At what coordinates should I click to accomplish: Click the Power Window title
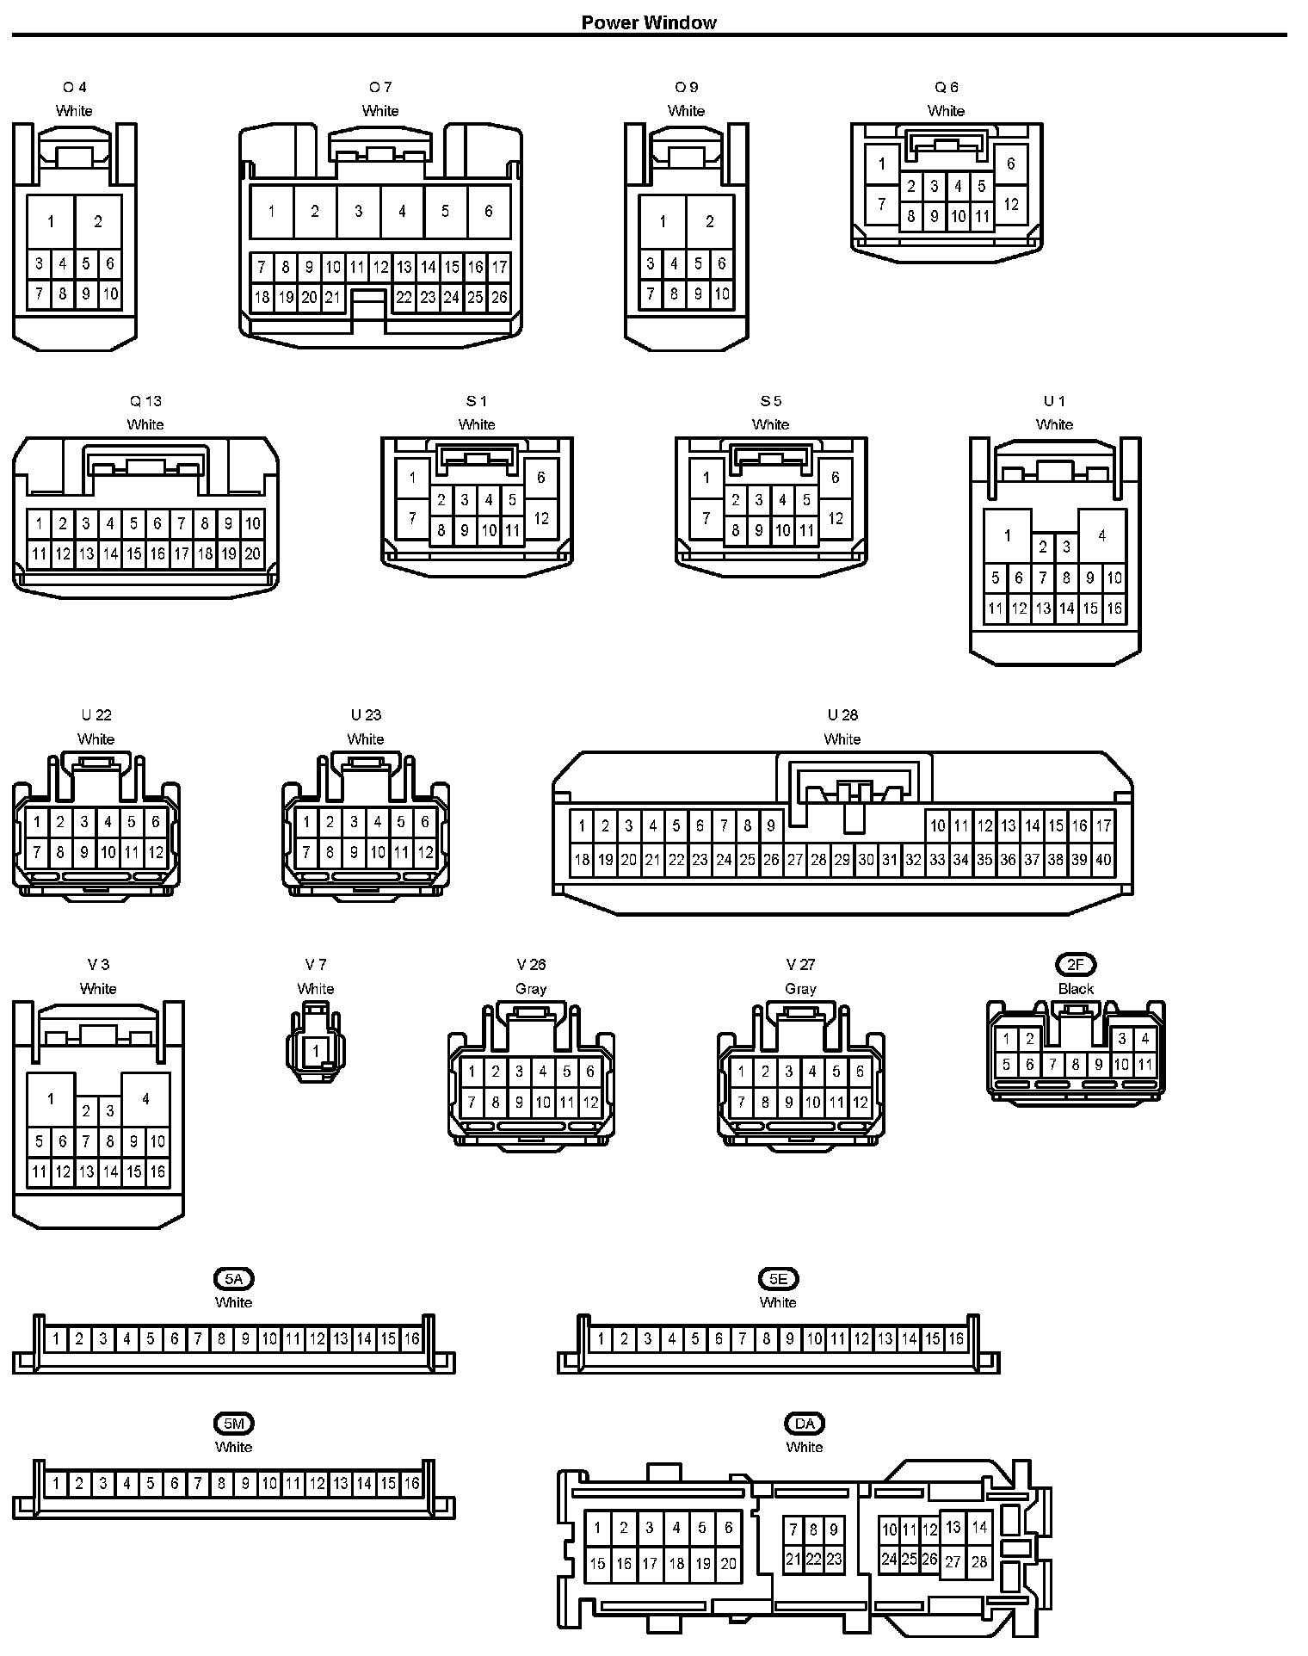[648, 22]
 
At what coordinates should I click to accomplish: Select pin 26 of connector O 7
[499, 298]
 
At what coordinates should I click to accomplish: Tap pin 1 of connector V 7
[316, 1051]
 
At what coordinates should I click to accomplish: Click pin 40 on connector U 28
[1103, 859]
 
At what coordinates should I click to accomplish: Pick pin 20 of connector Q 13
[252, 554]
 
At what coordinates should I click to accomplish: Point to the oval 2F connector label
[1076, 965]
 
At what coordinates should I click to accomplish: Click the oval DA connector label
[804, 1424]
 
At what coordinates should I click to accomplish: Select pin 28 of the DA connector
[979, 1561]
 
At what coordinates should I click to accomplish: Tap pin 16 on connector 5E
[956, 1338]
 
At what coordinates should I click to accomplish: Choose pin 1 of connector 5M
[56, 1483]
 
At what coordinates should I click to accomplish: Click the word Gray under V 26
[531, 989]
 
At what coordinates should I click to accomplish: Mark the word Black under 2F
[1076, 989]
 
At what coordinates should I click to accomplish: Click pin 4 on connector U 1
[1102, 535]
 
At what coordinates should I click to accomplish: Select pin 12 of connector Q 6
[1011, 205]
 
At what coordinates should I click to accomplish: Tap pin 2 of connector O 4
[98, 222]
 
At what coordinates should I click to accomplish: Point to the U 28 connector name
[842, 715]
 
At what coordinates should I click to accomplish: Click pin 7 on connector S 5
[706, 518]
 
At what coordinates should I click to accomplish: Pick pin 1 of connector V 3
[51, 1099]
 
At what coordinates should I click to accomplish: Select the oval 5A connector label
[233, 1279]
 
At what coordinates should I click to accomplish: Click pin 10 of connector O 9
[722, 294]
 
